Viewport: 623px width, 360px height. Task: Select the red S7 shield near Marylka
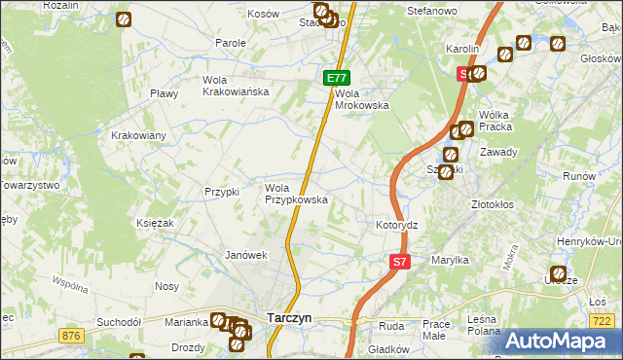point(400,261)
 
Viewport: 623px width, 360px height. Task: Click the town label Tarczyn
point(289,317)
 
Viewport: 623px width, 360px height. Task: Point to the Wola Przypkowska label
point(296,194)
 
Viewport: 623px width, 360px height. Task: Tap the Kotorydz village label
point(397,225)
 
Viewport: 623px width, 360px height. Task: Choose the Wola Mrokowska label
point(361,100)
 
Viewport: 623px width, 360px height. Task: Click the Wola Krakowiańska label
point(235,86)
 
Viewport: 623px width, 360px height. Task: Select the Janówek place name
point(245,256)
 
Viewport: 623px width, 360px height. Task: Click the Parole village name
point(231,44)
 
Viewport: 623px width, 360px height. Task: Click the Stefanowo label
point(431,12)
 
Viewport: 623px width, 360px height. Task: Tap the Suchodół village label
point(119,321)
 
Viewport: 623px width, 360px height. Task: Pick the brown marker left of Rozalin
point(124,19)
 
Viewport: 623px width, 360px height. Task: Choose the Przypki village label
point(222,192)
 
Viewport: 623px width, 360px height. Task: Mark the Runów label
point(578,176)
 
